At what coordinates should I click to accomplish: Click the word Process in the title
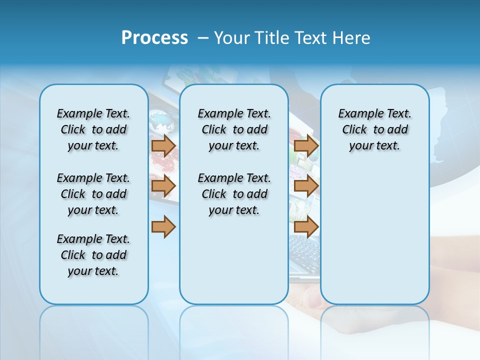pos(154,38)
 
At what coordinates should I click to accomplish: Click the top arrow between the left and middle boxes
pos(163,146)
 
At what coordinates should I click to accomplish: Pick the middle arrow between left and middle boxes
pos(163,186)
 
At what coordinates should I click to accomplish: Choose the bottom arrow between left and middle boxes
pos(163,227)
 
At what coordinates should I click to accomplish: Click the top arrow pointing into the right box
pos(306,146)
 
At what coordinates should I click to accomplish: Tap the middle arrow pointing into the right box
pos(306,186)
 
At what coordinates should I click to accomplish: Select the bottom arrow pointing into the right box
pos(306,227)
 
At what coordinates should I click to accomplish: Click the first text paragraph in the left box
pos(93,129)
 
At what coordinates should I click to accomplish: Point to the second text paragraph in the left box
pos(93,194)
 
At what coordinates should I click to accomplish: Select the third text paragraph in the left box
pos(93,255)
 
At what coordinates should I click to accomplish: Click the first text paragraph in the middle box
pos(234,129)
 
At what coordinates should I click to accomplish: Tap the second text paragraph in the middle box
pos(234,194)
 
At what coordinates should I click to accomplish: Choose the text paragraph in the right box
pos(374,129)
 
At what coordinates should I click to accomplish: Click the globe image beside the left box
pos(161,120)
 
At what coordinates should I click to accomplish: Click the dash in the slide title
pos(203,38)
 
